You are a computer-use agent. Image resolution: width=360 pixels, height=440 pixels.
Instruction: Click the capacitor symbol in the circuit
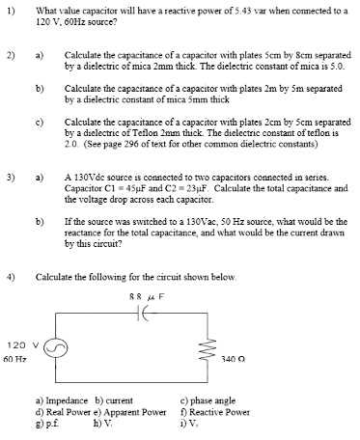pyautogui.click(x=146, y=316)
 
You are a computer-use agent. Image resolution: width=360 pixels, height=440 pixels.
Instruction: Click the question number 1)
pyautogui.click(x=11, y=11)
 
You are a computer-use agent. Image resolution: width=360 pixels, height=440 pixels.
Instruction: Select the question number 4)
pyautogui.click(x=11, y=276)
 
